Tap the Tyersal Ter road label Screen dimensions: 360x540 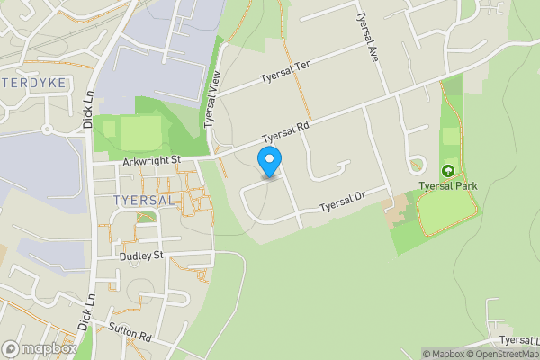(x=284, y=78)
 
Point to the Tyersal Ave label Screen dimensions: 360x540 (x=368, y=36)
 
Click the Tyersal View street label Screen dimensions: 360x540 (x=213, y=102)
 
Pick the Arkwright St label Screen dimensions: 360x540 (x=152, y=160)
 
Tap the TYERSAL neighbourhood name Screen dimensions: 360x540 (x=144, y=200)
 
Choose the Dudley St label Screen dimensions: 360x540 (x=140, y=256)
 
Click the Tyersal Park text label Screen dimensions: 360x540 (x=448, y=186)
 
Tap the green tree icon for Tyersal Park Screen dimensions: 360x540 (x=448, y=171)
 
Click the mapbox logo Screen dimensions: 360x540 (x=40, y=348)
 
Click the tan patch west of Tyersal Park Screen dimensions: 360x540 (x=397, y=212)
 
